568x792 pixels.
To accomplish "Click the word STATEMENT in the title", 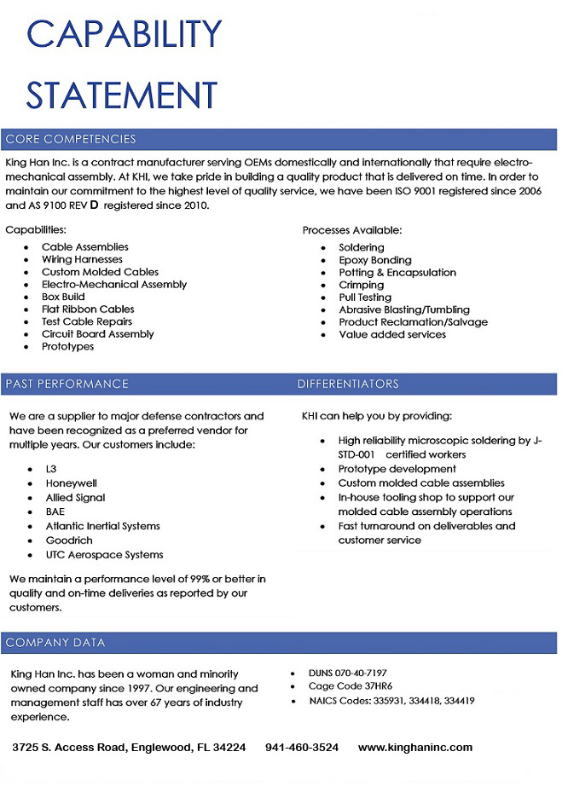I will pos(122,94).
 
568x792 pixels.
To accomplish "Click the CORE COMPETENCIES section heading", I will pos(71,139).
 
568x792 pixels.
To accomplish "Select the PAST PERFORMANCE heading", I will pos(67,384).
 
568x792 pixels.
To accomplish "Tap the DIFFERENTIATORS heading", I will pos(348,384).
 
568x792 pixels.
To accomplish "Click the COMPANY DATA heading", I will pos(55,642).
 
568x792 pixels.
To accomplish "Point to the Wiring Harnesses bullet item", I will pos(82,259).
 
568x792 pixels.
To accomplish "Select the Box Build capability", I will pos(63,297).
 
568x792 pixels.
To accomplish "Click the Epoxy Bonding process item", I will pos(374,260).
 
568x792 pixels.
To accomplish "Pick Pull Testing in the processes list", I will pos(365,298).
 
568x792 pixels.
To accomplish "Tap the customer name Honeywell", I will pos(72,483).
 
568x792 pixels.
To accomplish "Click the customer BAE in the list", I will pos(55,512).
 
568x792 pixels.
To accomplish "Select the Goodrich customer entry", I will pos(69,541).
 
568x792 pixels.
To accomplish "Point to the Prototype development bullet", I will pos(397,469).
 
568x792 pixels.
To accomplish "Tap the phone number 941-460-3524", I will pos(302,748).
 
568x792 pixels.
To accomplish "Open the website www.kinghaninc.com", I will pos(414,748).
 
